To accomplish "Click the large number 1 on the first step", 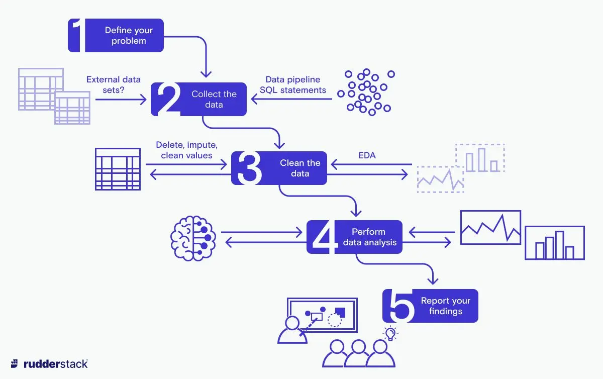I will pos(76,36).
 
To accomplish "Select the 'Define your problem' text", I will pos(129,36).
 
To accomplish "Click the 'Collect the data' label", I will pos(214,99).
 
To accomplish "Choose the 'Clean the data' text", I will pos(300,168).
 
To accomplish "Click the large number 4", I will pos(324,237).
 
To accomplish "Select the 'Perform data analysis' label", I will pos(369,237).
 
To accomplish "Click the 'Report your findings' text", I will pos(445,306).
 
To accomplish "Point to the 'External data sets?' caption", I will pos(114,84).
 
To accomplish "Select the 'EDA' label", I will pos(367,156).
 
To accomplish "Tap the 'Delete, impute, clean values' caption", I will pos(186,150).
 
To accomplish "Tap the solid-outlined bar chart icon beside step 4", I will pos(554,243).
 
